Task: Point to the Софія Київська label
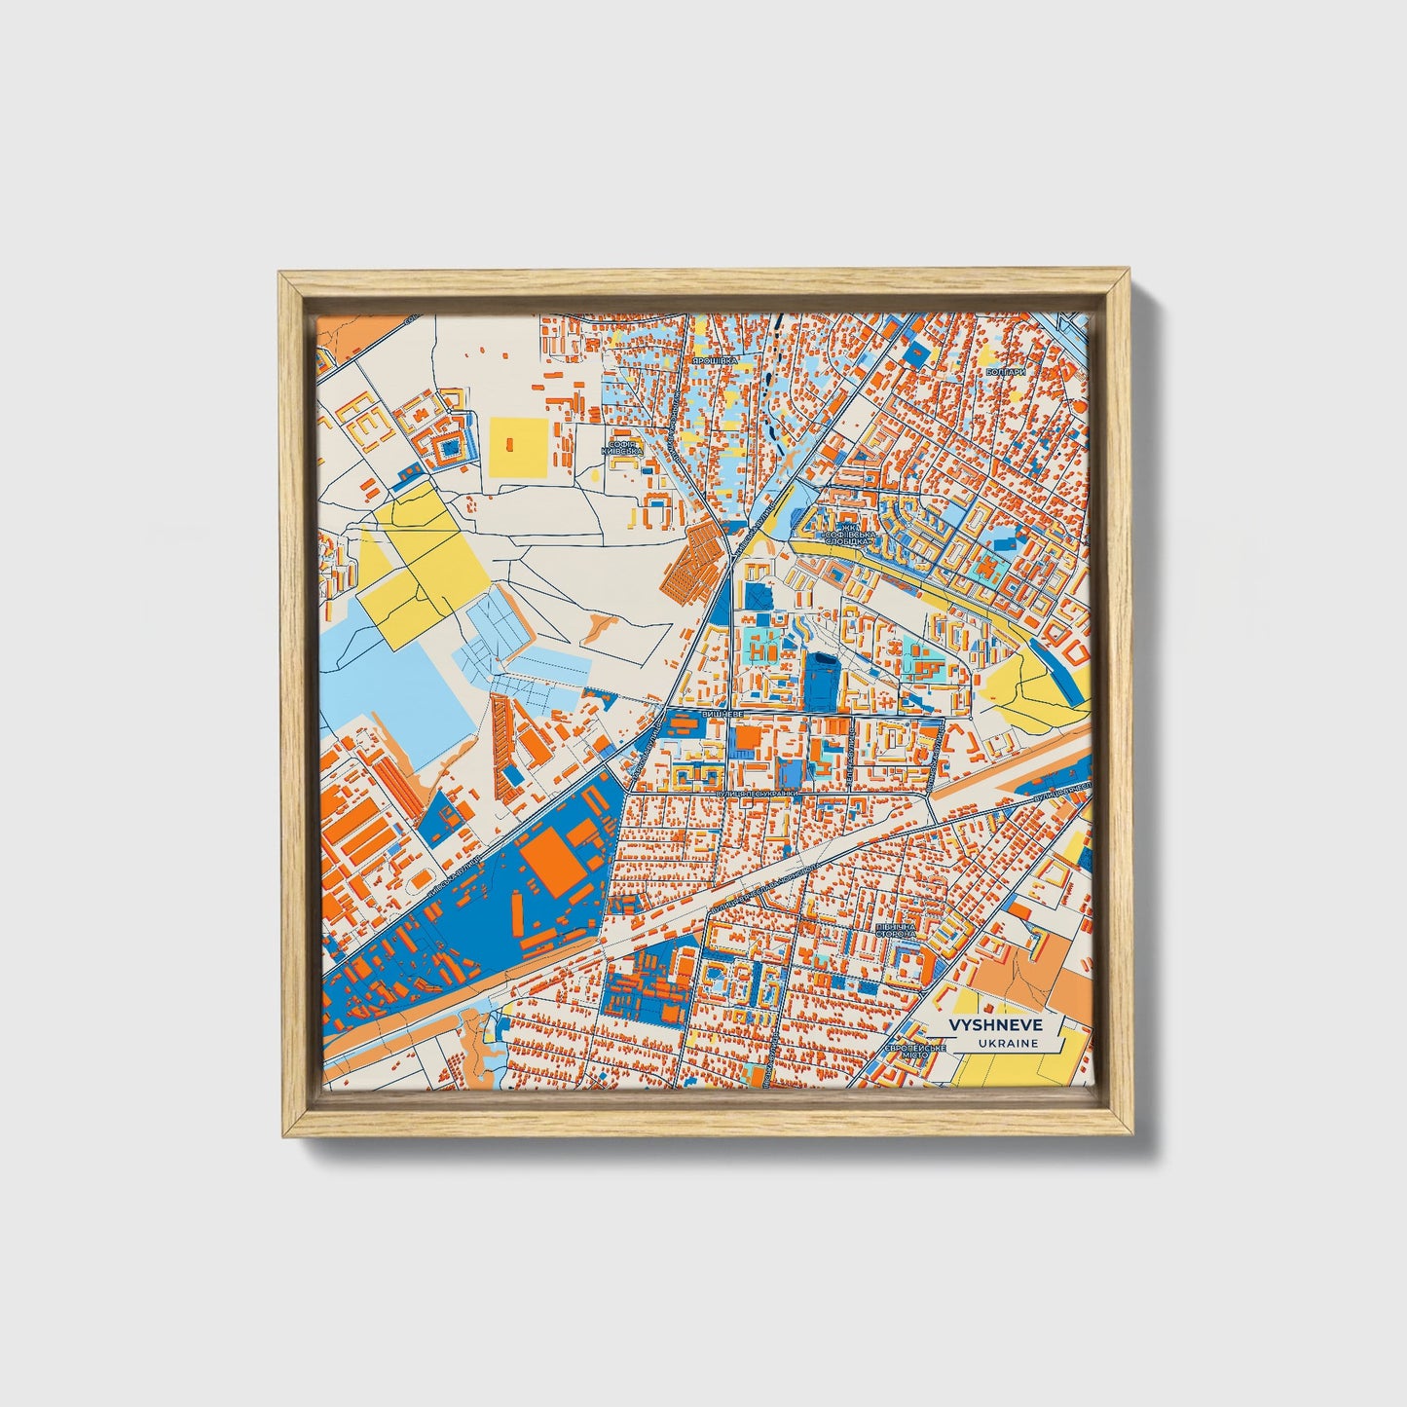(624, 447)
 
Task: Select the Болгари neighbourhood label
(1006, 372)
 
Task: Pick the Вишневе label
(722, 714)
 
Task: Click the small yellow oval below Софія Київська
(597, 477)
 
